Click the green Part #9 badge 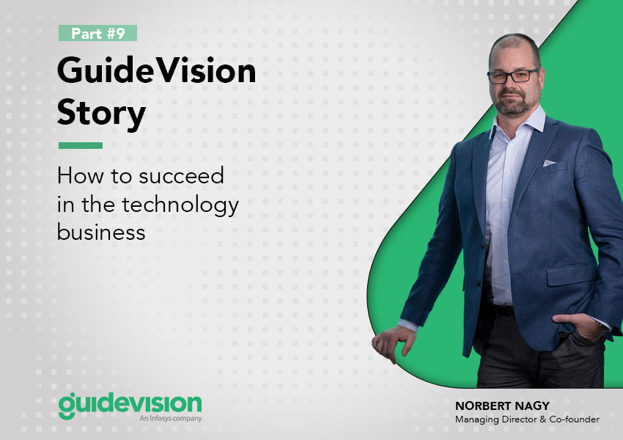(x=97, y=33)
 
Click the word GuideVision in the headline (x=157, y=70)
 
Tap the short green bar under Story (x=81, y=145)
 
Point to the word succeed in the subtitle (x=182, y=176)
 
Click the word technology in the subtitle (x=180, y=206)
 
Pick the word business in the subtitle (x=101, y=232)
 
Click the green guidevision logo (x=130, y=405)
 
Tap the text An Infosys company (x=171, y=418)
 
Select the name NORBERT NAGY (x=502, y=406)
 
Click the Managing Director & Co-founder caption (x=527, y=419)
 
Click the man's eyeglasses (x=513, y=76)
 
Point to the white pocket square (x=549, y=163)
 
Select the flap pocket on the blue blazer (x=572, y=274)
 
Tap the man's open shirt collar (x=517, y=121)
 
